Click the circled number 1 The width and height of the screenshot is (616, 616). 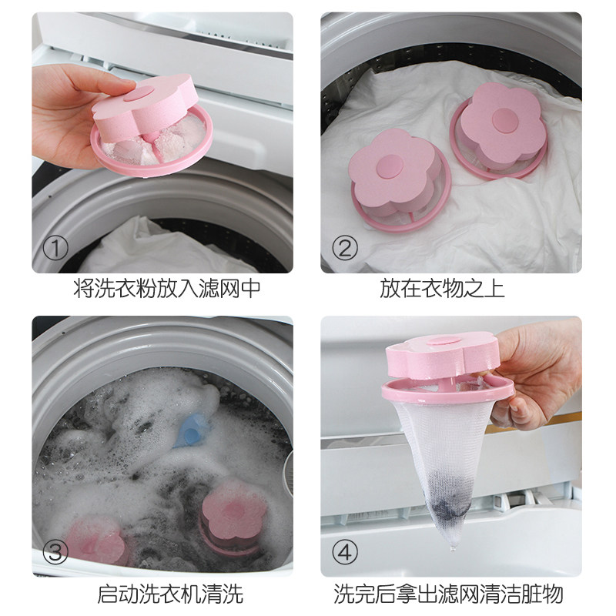pos(55,248)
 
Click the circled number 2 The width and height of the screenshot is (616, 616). pos(344,248)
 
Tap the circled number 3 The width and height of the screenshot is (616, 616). pos(55,551)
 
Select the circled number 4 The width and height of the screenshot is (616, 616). pos(344,551)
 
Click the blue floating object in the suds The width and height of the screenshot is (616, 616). pos(191,431)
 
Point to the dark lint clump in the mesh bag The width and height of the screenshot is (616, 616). pos(449,506)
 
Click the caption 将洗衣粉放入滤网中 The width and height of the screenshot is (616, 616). pos(167,288)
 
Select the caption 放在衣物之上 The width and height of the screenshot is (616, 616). pos(441,288)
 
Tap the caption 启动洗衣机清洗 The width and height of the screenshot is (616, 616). pos(169,593)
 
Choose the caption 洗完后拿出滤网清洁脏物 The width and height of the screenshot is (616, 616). pos(448,593)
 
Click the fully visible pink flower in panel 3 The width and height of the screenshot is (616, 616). pos(234,513)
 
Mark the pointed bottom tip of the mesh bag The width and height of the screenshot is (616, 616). pos(454,549)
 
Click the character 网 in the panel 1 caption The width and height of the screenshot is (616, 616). pos(229,288)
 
